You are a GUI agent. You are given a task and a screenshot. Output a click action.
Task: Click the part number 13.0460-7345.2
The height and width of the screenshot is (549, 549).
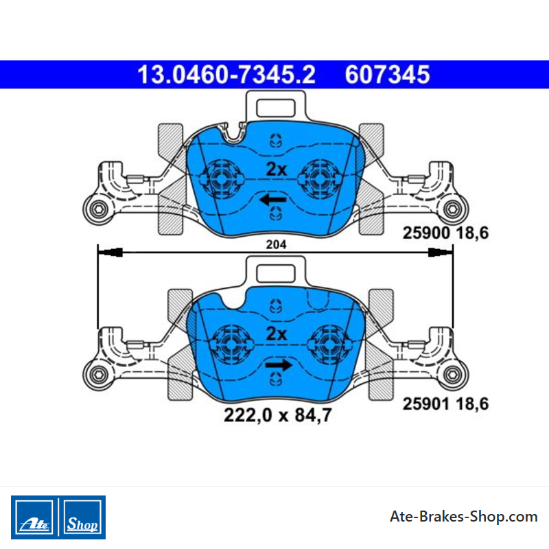[226, 75]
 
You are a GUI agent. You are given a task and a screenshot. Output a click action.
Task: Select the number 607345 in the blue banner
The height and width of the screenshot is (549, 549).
[387, 75]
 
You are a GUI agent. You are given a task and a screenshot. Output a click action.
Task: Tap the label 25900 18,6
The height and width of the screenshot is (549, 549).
[445, 233]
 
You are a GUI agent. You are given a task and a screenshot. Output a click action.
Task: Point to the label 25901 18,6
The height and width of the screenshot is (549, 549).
[445, 404]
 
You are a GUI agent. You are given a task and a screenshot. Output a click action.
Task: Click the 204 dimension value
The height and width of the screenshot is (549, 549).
[276, 244]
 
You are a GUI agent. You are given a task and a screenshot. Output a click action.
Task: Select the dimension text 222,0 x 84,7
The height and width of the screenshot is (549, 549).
[278, 415]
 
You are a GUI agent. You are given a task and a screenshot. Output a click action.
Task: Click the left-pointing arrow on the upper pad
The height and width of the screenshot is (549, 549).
[272, 200]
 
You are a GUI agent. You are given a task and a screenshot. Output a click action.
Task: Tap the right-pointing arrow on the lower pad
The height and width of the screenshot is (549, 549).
[279, 365]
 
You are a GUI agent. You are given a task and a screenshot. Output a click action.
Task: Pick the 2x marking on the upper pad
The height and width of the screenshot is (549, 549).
[277, 170]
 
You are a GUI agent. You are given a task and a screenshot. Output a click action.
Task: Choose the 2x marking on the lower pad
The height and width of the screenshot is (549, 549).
[277, 334]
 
